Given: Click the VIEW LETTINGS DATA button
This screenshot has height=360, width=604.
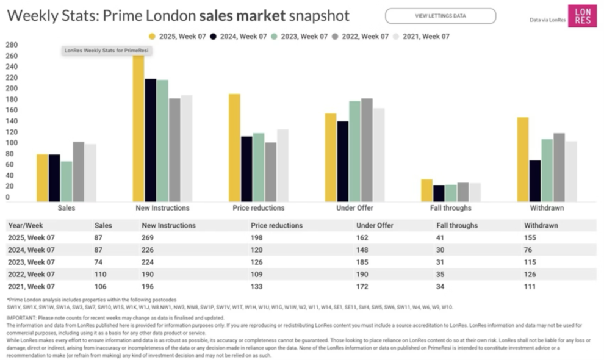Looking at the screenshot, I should point(440,16).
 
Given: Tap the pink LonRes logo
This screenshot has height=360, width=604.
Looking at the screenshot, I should point(582,16).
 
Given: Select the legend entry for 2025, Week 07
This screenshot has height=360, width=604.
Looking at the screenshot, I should point(178,37).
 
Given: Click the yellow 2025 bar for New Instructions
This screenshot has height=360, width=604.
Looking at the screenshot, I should point(138,128).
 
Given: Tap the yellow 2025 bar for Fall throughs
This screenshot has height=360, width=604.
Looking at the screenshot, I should point(426,190).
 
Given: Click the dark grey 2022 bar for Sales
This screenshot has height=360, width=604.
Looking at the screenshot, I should point(79,171).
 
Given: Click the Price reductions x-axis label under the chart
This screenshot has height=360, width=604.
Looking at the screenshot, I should point(258,208).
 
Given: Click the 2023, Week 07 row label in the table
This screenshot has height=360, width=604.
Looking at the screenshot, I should point(31,262).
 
